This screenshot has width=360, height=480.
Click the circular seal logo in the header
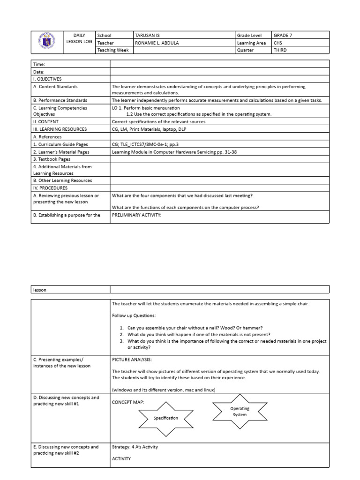(x=49, y=43)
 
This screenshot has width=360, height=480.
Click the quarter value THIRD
(x=280, y=51)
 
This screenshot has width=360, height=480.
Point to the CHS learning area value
(x=278, y=43)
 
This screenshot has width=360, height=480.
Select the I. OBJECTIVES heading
(x=47, y=79)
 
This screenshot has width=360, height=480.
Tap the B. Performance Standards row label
(x=60, y=100)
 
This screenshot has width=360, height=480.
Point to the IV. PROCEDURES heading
(x=50, y=187)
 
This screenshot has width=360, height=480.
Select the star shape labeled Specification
(x=165, y=417)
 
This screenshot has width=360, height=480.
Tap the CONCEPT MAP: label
(x=128, y=402)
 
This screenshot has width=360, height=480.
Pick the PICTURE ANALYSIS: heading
(x=132, y=360)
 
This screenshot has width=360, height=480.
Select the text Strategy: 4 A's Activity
(x=135, y=447)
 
